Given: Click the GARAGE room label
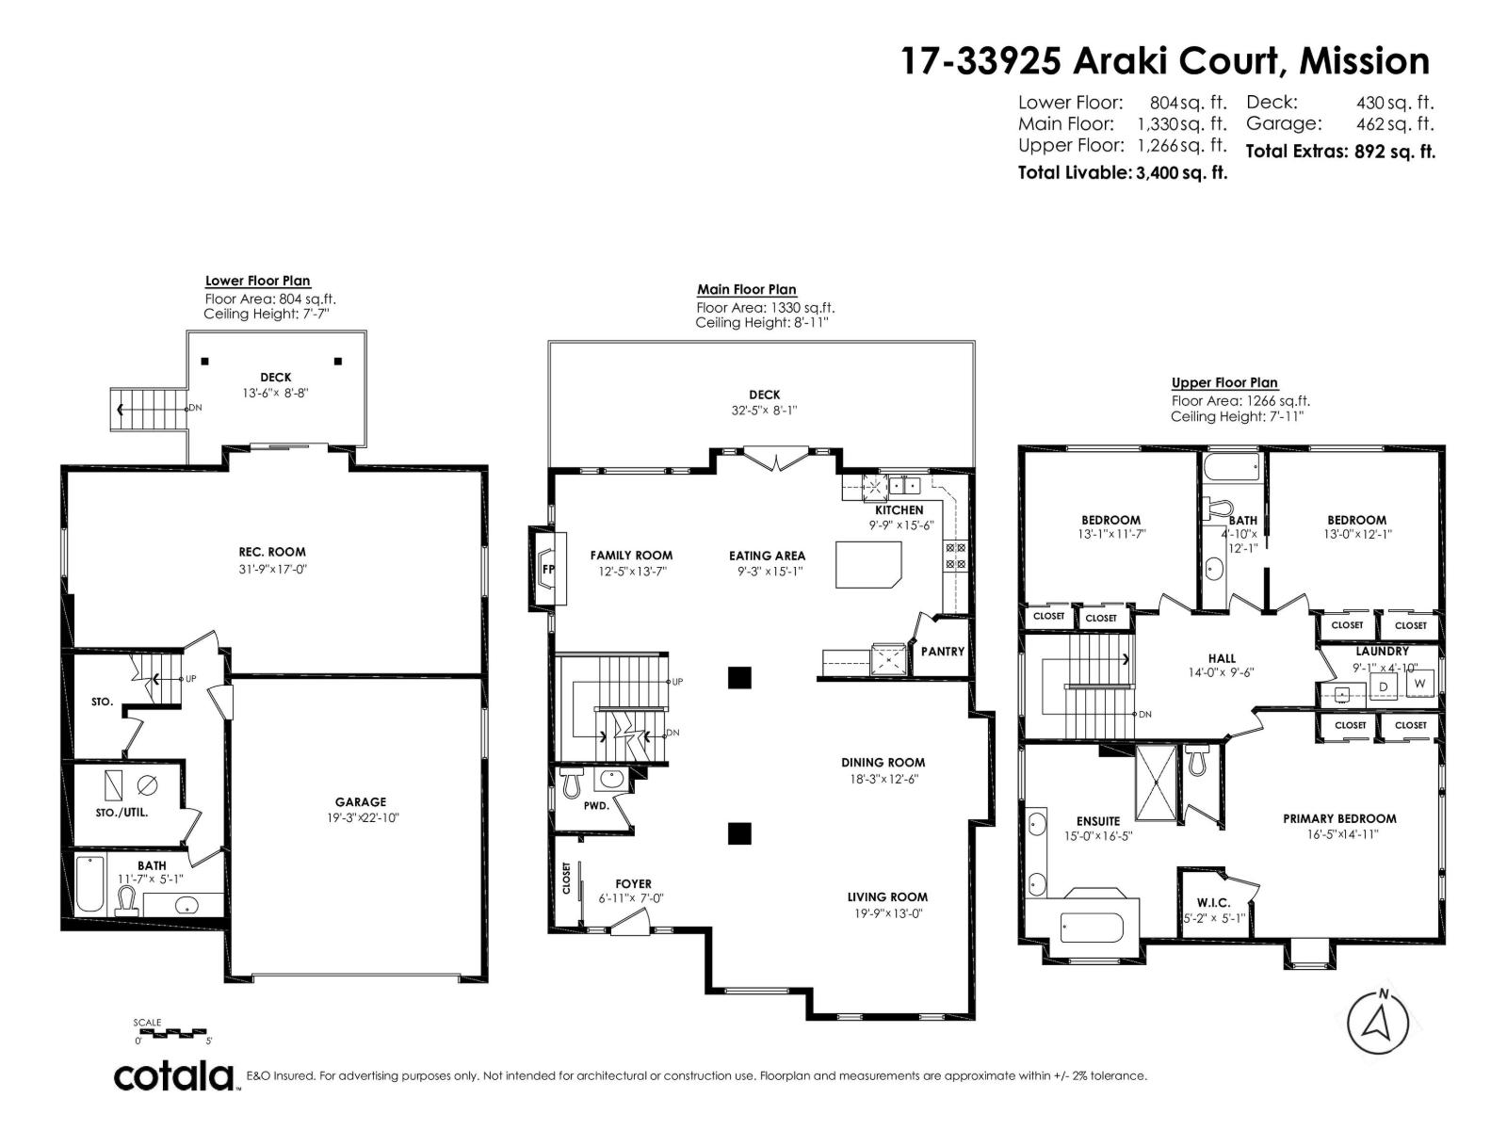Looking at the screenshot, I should tap(360, 802).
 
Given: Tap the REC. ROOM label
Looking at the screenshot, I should tap(272, 552).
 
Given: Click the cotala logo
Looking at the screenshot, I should tap(174, 1075).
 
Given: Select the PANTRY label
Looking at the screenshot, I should tap(943, 651).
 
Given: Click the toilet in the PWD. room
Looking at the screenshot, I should tap(571, 783).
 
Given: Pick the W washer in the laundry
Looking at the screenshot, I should tap(1419, 684).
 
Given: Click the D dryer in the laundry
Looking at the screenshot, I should tap(1384, 686).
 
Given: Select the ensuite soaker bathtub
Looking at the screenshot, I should tap(1092, 928).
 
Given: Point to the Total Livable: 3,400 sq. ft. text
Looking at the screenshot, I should tap(1123, 173).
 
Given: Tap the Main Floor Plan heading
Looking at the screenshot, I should tap(746, 290).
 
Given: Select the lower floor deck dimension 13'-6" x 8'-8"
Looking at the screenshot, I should tap(276, 393).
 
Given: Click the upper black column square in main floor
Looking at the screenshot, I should tap(740, 677).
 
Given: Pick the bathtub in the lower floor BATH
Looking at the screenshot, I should tap(89, 883).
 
